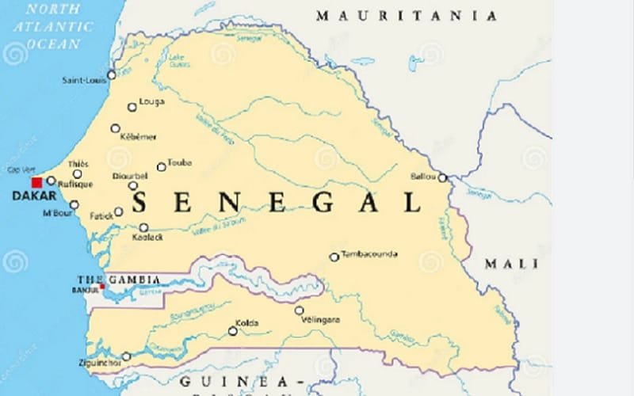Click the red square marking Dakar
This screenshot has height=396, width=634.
[36, 182]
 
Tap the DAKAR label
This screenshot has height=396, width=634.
[29, 196]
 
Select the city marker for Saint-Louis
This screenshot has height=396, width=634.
[111, 74]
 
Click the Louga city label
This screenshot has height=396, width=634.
[151, 101]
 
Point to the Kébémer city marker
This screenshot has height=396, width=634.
[116, 128]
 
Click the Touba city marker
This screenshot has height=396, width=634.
[161, 167]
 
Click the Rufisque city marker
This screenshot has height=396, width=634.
[52, 181]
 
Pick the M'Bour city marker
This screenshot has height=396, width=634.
[74, 205]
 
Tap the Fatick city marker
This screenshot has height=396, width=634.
[119, 211]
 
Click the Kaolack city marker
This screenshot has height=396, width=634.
[143, 227]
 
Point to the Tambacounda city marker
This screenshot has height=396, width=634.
[334, 257]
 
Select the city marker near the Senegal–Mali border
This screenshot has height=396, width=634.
[442, 178]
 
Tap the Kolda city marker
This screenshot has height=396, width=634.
[232, 331]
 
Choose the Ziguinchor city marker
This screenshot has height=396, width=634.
[126, 356]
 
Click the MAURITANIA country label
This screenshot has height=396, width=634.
[407, 16]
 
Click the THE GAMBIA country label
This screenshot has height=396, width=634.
[118, 280]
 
